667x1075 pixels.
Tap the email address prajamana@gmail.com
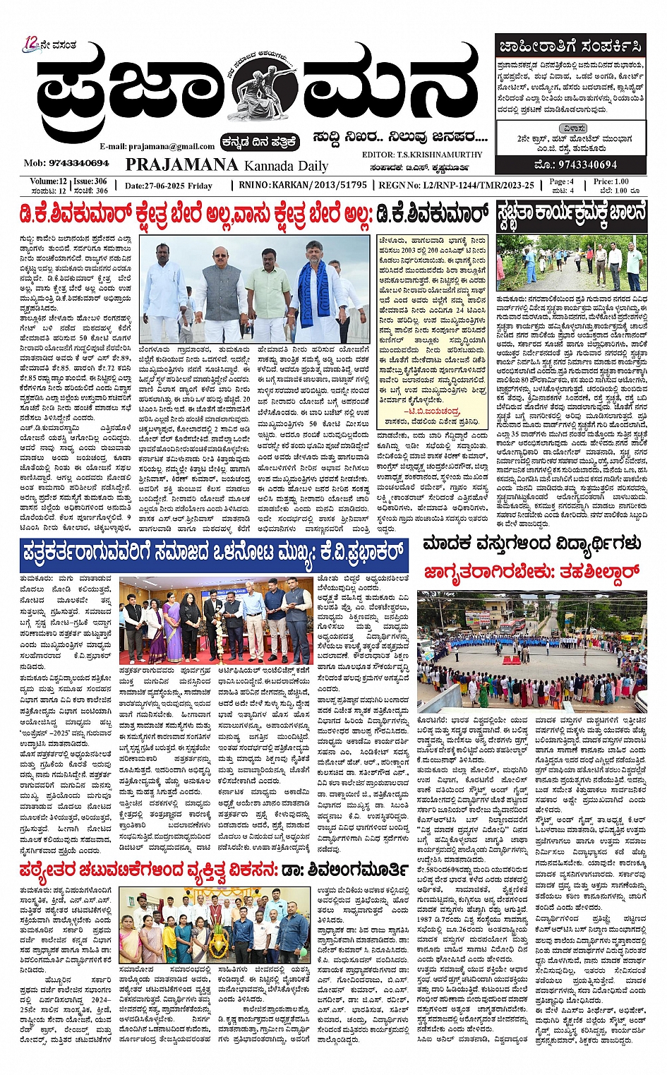click(157, 146)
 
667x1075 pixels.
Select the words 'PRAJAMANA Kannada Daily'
click(227, 165)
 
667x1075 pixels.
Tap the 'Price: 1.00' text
click(612, 181)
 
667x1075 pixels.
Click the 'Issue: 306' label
click(90, 181)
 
